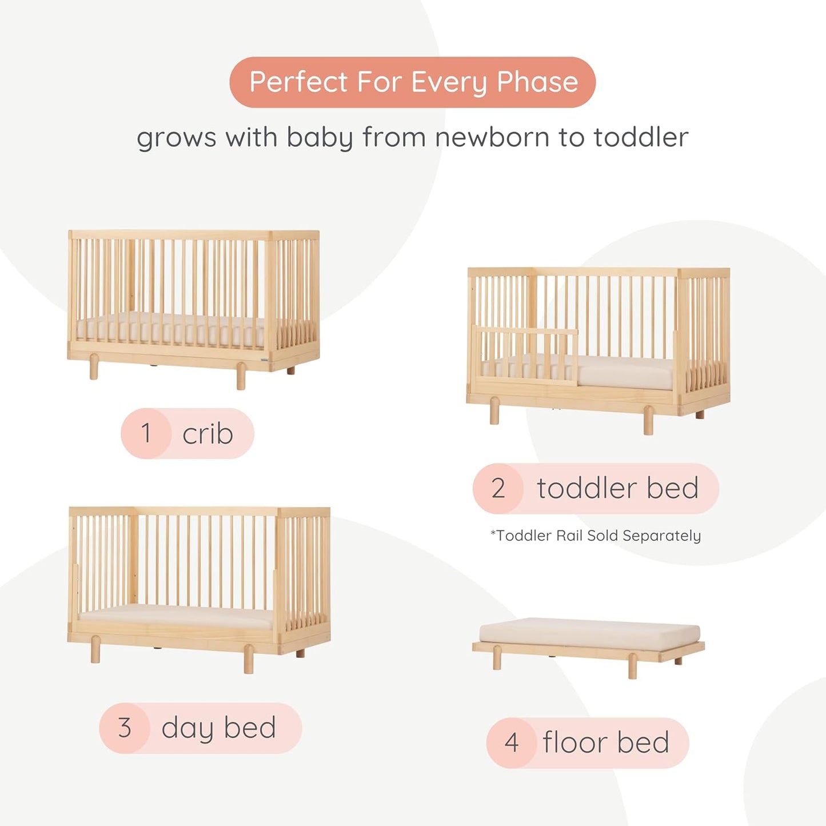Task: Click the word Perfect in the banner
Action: [x=298, y=82]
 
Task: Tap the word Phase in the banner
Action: [x=537, y=82]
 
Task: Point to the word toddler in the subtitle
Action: [x=640, y=138]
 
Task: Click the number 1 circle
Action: [x=146, y=433]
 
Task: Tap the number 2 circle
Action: [x=498, y=488]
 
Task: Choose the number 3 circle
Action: [x=125, y=728]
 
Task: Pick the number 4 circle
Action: [x=511, y=743]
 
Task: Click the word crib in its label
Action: [x=208, y=434]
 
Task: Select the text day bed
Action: [x=218, y=728]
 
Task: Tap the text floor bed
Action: [x=605, y=743]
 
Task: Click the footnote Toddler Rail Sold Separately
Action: [x=596, y=536]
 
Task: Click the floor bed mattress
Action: [x=589, y=633]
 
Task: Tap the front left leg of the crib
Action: [x=94, y=367]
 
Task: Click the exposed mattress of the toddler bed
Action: [x=626, y=373]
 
